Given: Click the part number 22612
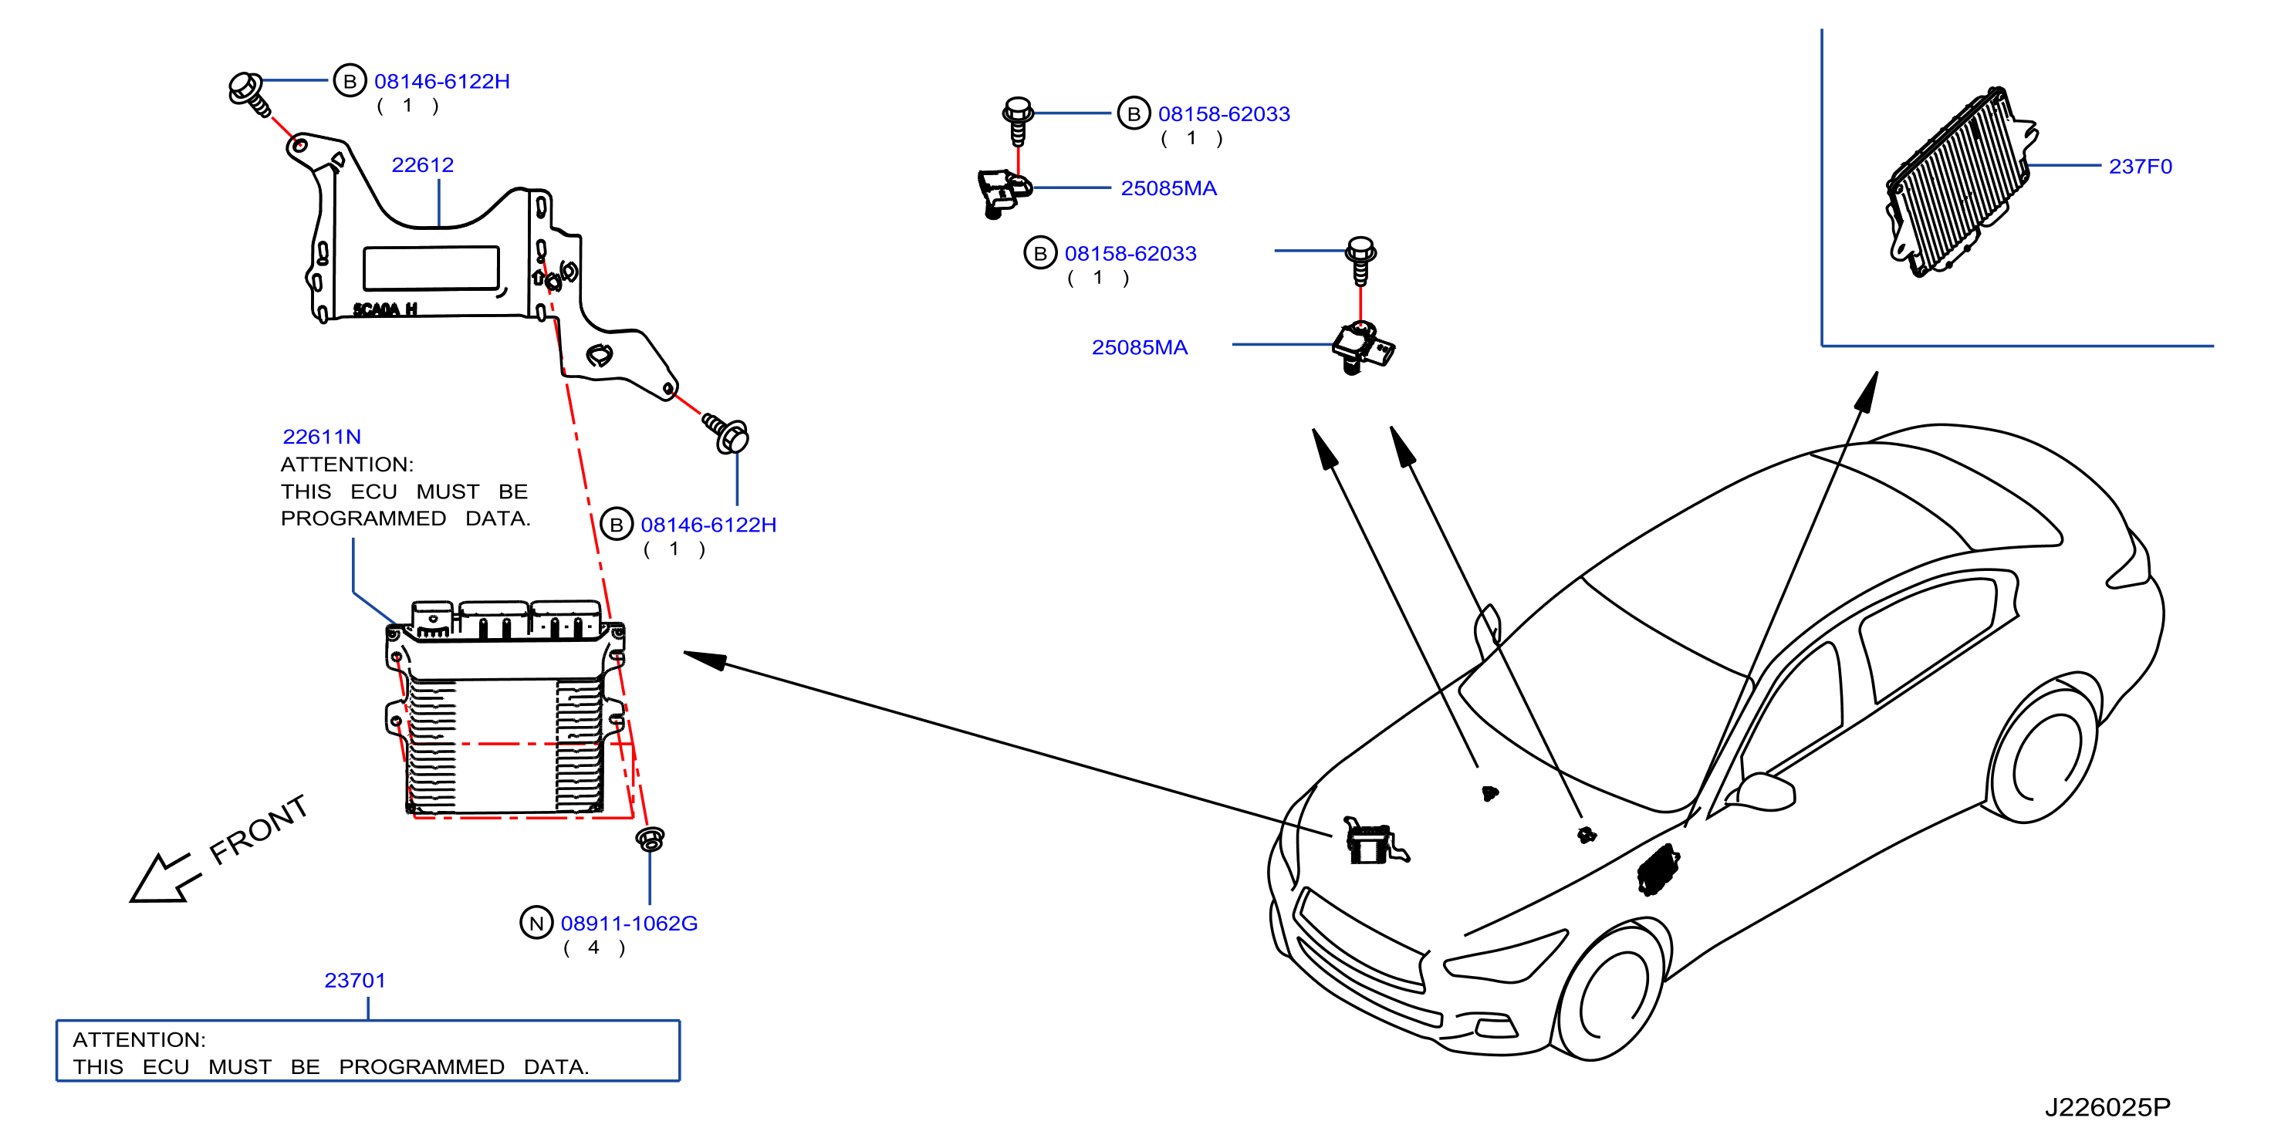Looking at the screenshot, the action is pyautogui.click(x=422, y=165).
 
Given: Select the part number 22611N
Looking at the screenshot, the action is pyautogui.click(x=322, y=436).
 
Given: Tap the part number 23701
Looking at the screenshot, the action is pyautogui.click(x=355, y=980).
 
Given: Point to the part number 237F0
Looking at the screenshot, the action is pyautogui.click(x=2140, y=167).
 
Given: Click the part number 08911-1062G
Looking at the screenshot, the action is pyautogui.click(x=630, y=923).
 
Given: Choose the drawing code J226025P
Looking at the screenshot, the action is pyautogui.click(x=2107, y=1107).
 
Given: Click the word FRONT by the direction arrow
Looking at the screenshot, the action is pyautogui.click(x=259, y=829).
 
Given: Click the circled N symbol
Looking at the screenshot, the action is pyautogui.click(x=536, y=923).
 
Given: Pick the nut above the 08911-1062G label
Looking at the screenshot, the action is pyautogui.click(x=651, y=838).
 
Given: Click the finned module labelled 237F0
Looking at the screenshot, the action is pyautogui.click(x=1959, y=182).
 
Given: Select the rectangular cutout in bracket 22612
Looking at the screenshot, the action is pyautogui.click(x=431, y=268).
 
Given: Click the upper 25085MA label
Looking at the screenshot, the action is pyautogui.click(x=1168, y=187).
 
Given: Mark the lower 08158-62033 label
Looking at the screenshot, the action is pyautogui.click(x=1130, y=253).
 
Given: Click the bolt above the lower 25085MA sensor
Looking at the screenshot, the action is pyautogui.click(x=1361, y=260).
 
